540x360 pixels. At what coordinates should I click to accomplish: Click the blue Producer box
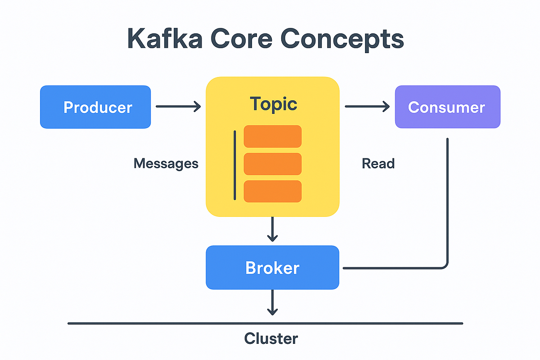point(95,107)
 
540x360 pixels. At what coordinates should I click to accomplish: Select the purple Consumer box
point(447,107)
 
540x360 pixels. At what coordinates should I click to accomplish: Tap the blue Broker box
point(272,268)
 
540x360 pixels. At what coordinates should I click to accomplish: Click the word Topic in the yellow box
point(274,104)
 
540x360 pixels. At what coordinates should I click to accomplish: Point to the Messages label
point(166,163)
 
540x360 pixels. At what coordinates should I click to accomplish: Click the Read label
point(378,163)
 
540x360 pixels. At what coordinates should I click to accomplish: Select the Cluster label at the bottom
point(271,338)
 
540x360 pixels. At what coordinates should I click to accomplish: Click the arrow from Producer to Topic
point(178,107)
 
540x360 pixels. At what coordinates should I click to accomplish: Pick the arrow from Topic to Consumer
point(367,107)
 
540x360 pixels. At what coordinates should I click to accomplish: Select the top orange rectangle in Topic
point(273,136)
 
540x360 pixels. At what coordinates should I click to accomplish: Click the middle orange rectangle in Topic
point(273,164)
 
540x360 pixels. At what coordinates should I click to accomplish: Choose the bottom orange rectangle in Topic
point(273,191)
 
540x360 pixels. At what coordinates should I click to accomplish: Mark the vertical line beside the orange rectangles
point(234,165)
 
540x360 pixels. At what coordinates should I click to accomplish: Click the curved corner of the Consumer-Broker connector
point(445,265)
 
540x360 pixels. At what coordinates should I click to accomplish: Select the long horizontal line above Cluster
point(265,323)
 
